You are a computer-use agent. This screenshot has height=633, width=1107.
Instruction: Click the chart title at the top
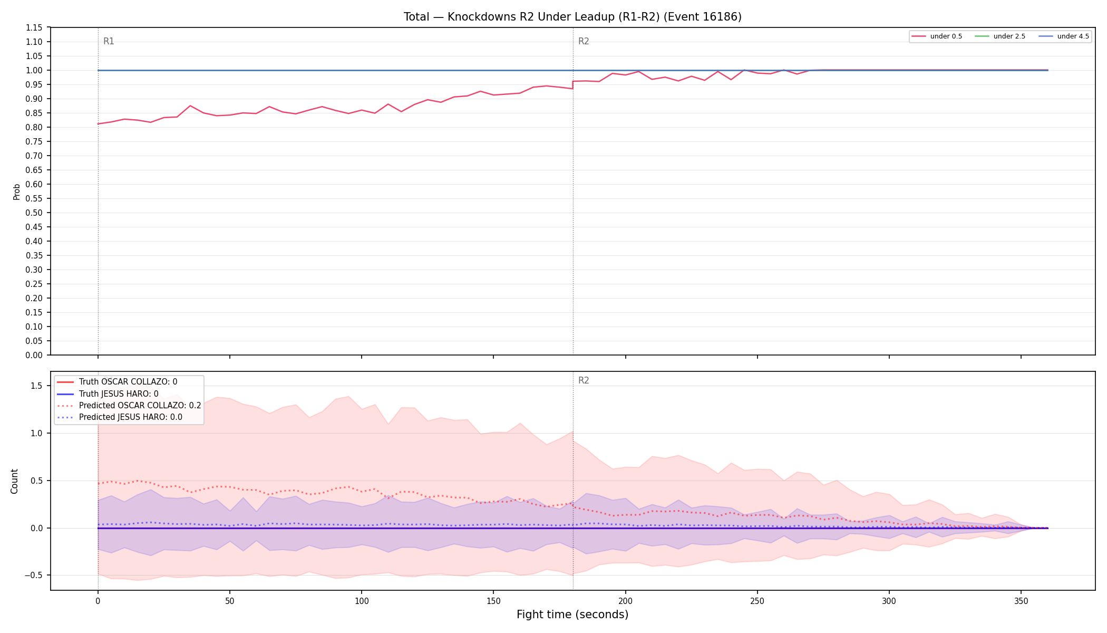[x=572, y=17]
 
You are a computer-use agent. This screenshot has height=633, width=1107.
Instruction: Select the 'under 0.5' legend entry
[x=937, y=36]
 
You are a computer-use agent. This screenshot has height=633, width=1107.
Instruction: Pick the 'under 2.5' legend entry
[x=1001, y=36]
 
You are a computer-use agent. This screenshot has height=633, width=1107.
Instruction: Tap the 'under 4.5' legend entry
[x=1064, y=36]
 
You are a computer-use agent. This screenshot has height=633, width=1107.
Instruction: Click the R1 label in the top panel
[x=109, y=41]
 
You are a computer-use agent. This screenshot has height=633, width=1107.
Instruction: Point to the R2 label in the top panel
[x=584, y=41]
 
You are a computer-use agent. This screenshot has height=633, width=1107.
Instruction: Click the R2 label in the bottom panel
[x=584, y=380]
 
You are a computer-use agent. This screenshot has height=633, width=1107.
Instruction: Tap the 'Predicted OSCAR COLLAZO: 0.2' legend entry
[x=129, y=406]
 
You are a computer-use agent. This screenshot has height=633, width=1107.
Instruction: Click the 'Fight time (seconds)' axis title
[x=572, y=615]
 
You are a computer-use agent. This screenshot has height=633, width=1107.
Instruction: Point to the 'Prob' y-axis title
[x=16, y=191]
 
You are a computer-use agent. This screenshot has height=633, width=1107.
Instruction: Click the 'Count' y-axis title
[x=14, y=481]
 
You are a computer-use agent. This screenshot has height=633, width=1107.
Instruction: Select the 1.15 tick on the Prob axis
[x=34, y=27]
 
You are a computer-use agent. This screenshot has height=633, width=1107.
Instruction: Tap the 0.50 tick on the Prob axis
[x=34, y=213]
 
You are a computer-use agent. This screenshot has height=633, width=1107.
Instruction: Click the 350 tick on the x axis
[x=1021, y=601]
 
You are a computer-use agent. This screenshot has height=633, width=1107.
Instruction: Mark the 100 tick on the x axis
[x=362, y=601]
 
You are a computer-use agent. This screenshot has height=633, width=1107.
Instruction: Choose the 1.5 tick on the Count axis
[x=37, y=386]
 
